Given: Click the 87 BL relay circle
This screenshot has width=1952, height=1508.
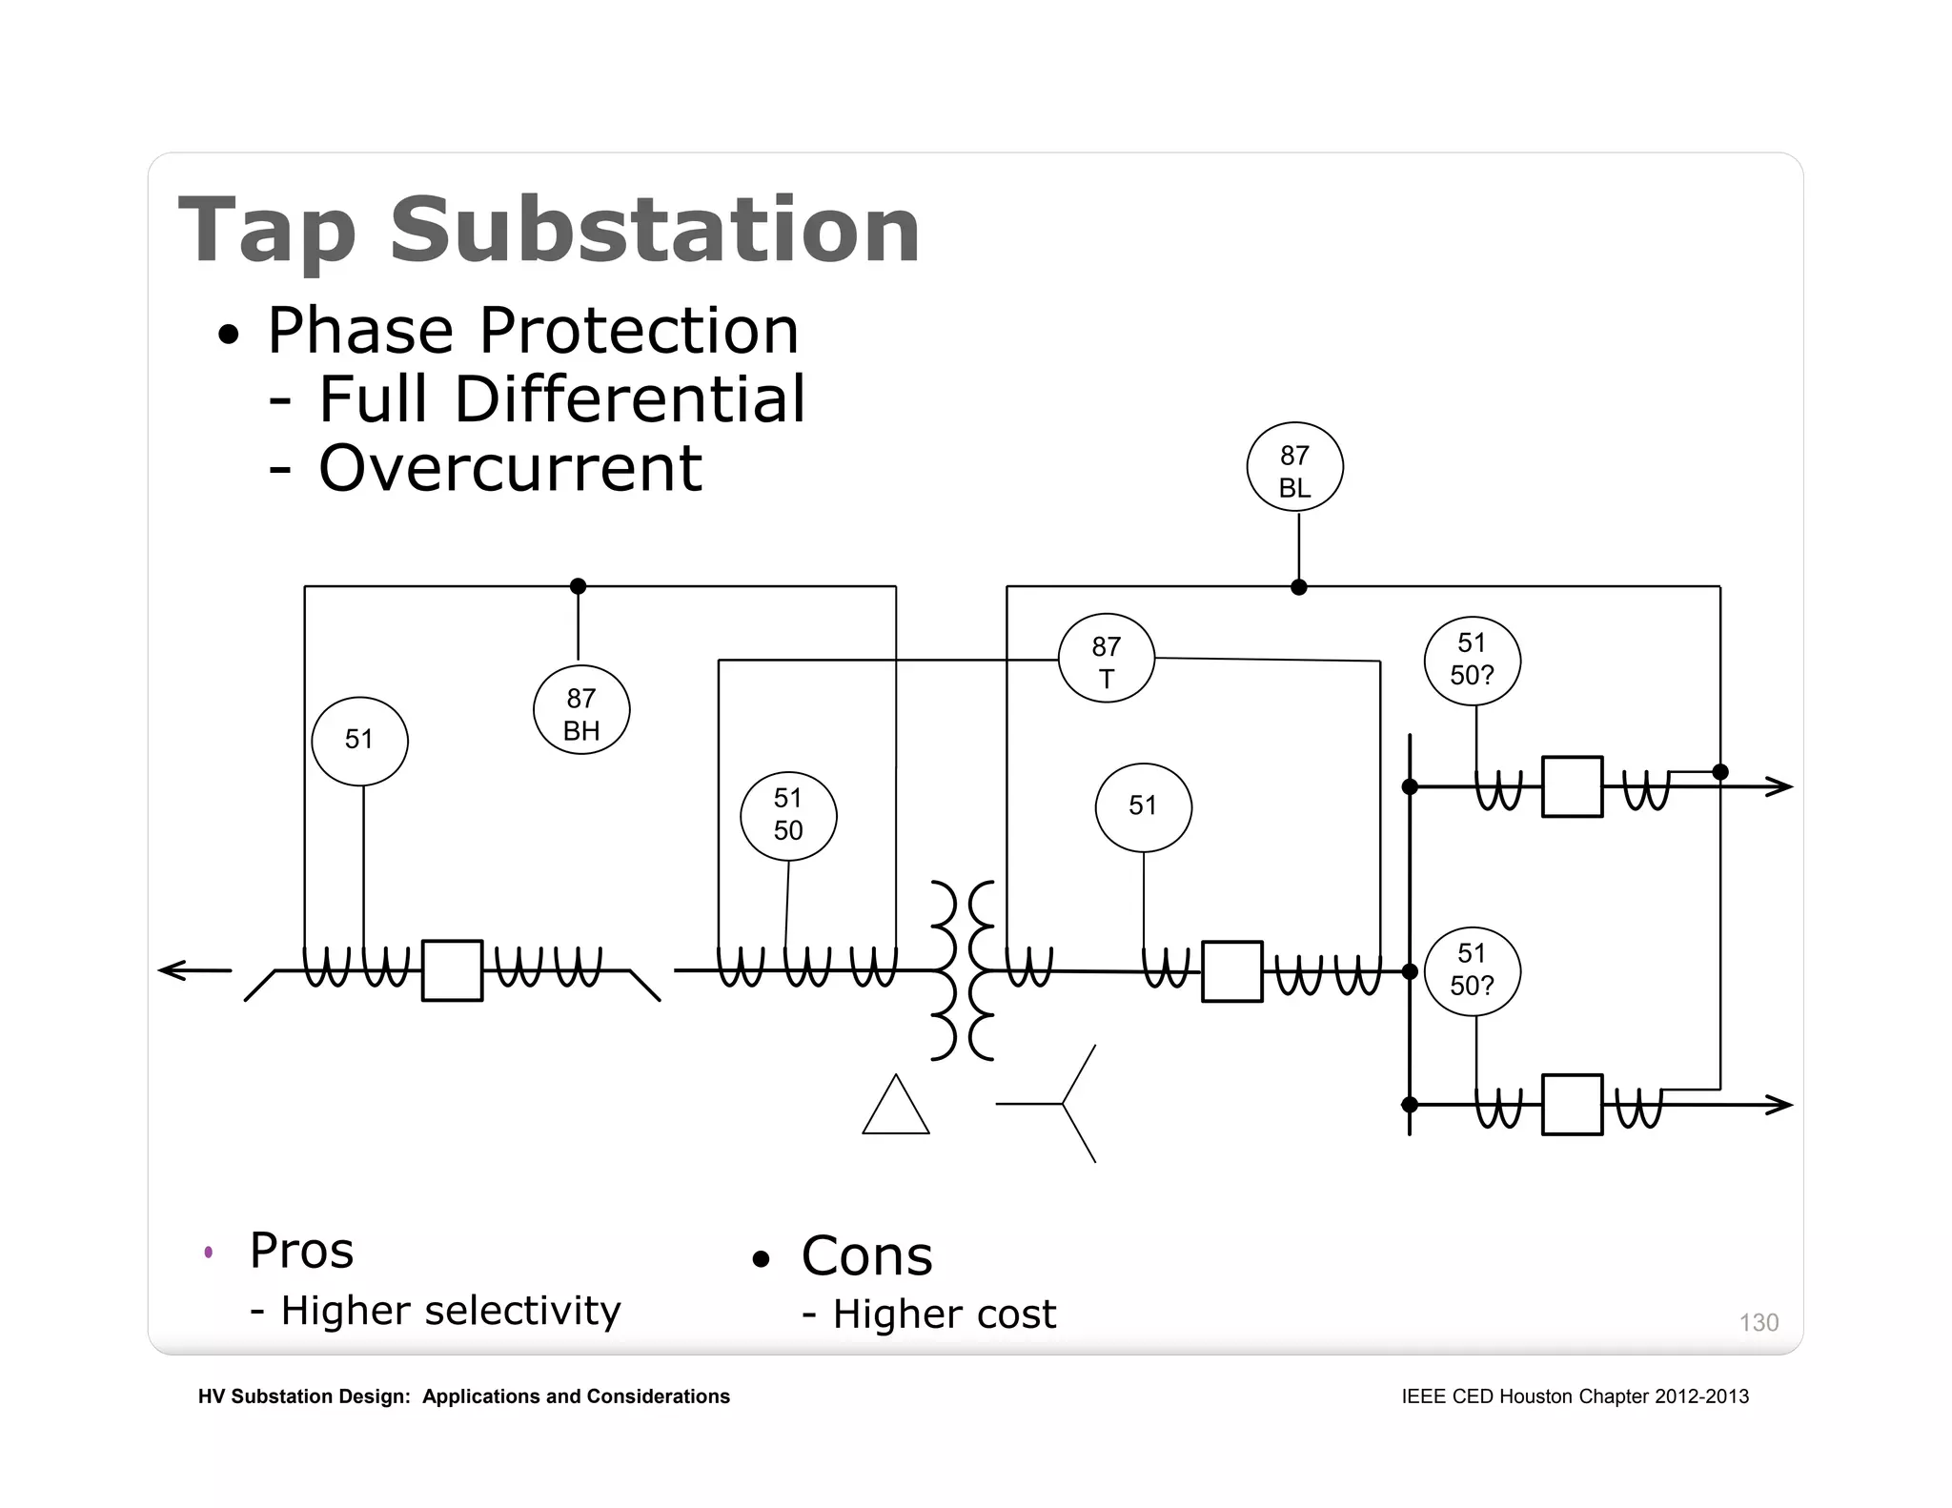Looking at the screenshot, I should [1294, 467].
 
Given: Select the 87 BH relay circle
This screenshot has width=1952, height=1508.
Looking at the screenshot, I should [581, 710].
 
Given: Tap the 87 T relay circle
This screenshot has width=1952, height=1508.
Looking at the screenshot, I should [1106, 659].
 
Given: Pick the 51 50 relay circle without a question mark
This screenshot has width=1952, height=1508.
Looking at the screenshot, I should [788, 816].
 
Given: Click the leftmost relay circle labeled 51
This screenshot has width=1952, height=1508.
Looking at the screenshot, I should [359, 741].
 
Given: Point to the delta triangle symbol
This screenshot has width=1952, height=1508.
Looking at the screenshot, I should [895, 1109].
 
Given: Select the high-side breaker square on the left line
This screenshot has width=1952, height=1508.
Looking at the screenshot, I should [452, 970].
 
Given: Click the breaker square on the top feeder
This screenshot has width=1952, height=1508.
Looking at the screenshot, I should [1572, 787].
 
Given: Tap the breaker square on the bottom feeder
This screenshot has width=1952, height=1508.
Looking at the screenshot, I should [1572, 1105].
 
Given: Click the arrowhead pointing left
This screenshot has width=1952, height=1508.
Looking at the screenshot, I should [172, 970].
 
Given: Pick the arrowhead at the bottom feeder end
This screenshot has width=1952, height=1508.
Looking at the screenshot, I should [1779, 1105].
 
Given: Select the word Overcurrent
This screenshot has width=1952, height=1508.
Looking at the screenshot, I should [510, 468].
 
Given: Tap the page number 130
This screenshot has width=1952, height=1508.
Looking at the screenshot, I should [1759, 1322].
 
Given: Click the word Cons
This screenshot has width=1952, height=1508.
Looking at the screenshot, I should [866, 1255].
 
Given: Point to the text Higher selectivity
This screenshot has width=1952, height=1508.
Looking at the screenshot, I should [450, 1311].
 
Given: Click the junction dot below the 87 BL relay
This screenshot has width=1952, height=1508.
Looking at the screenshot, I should [1298, 587].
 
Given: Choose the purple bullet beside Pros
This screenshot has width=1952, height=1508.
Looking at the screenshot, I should [209, 1252].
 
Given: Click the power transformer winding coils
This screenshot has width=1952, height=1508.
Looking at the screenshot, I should [963, 970].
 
